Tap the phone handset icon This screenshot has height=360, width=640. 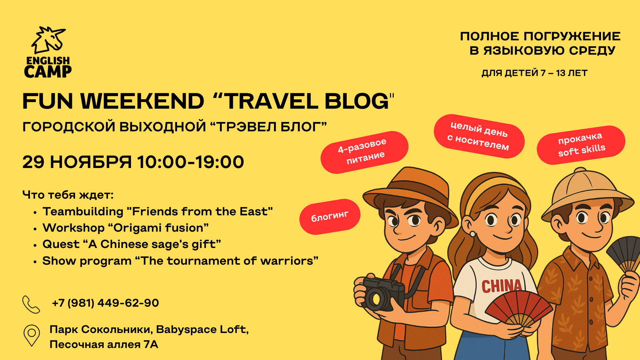coord(31,304)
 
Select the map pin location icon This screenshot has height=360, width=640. coord(32,335)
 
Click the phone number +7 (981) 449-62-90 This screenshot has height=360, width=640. coord(105,303)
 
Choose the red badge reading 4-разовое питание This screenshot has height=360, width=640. coord(364,152)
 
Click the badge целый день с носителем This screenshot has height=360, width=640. coord(479,136)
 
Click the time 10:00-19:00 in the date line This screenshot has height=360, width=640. coord(190,162)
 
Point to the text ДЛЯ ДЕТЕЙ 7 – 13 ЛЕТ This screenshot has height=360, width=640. coord(534,73)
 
